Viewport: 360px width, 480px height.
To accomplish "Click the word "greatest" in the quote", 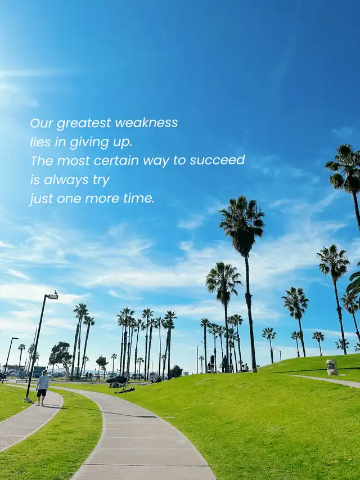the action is pos(84,123).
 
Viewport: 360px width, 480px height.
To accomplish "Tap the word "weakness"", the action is pos(146,123).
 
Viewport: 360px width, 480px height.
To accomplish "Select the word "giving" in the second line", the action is pos(89,143).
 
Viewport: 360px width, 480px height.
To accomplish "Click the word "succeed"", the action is pos(217,160).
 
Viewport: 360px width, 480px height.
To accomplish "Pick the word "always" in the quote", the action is pos(66,180).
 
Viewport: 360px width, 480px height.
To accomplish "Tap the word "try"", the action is pos(101,180).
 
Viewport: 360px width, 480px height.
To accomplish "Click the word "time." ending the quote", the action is pos(139,199).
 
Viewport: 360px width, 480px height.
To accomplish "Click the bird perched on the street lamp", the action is pos(56,293).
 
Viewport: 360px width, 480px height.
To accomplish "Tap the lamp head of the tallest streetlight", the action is pos(53,297).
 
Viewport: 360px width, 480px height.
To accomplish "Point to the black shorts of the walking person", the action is pos(42,393).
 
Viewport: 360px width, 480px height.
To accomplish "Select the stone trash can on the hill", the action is pos(332,367).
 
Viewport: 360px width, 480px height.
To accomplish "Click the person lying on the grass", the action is pos(125,390).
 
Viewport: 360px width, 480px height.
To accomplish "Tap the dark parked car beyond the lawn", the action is pos(116,380).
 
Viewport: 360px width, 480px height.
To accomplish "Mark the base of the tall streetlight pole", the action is pos(28,399).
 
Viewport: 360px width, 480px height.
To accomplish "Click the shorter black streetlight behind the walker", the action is pos(8,360).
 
